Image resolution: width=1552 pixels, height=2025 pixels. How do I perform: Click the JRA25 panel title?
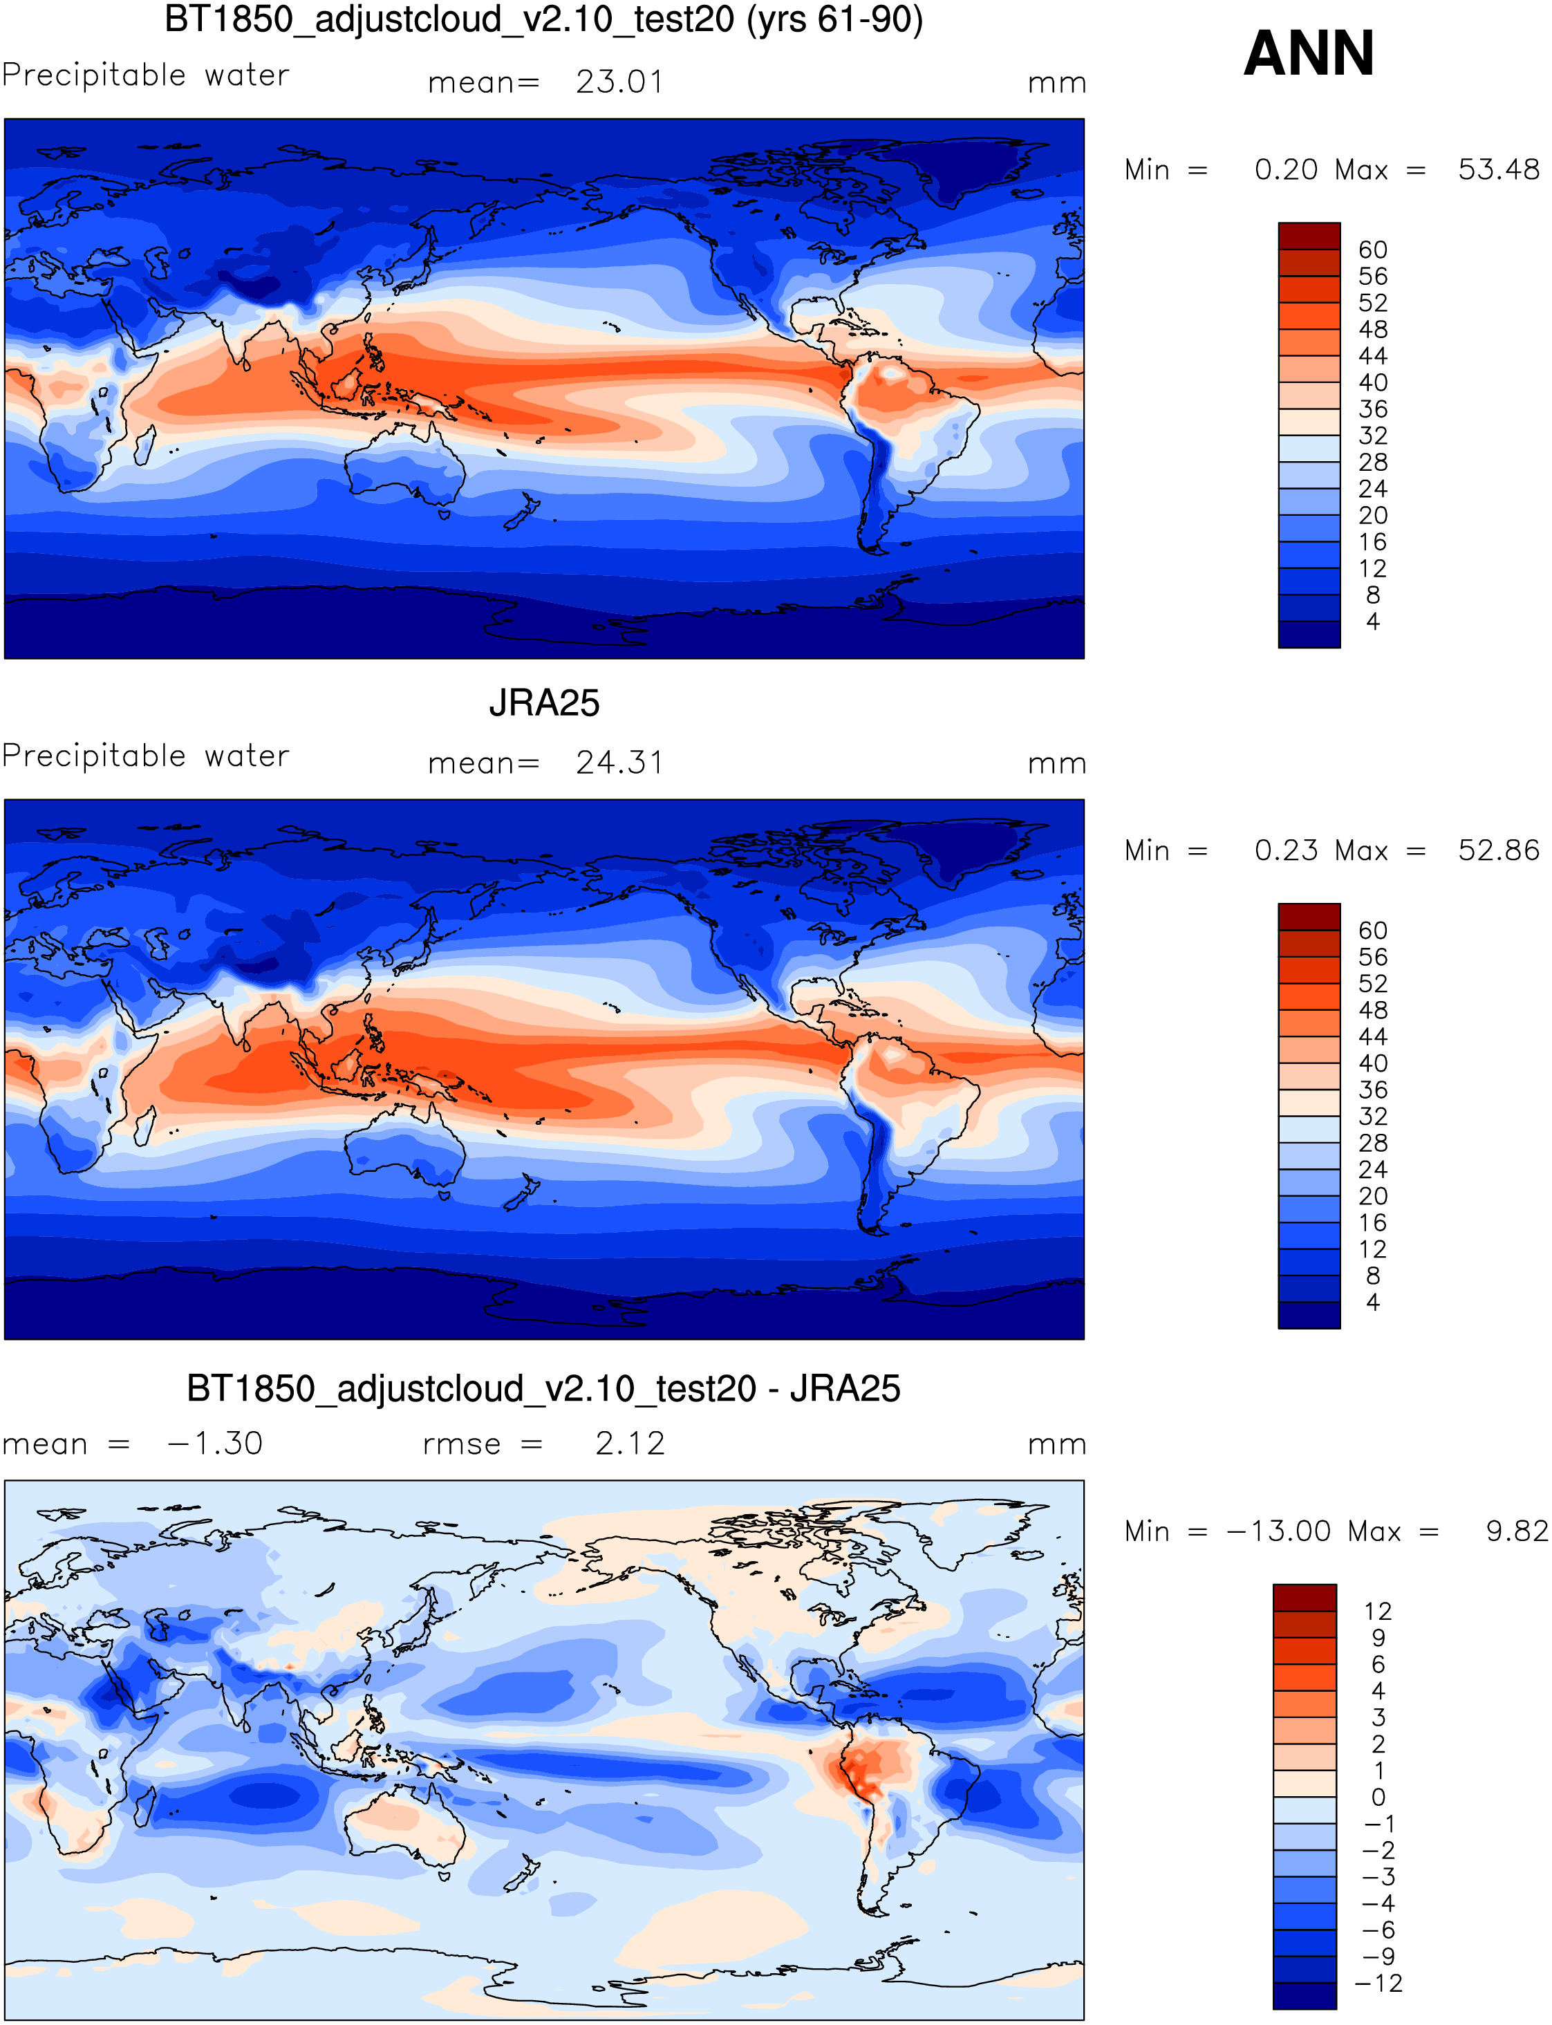tap(544, 703)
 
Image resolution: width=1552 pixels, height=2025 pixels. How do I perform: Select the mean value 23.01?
tap(619, 82)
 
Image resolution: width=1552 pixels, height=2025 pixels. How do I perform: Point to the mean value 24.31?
tap(619, 763)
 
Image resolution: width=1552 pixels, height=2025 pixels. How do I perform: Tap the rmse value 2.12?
tap(629, 1443)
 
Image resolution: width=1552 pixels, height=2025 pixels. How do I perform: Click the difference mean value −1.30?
tap(215, 1443)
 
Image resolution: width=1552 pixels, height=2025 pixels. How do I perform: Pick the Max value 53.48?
tap(1498, 170)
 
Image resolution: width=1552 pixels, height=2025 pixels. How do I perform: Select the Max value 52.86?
tap(1498, 851)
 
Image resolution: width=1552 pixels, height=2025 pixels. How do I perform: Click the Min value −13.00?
tap(1278, 1531)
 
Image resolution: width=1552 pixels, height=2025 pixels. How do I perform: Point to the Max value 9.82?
tap(1516, 1531)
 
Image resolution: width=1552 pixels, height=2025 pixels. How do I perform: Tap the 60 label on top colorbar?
tap(1373, 250)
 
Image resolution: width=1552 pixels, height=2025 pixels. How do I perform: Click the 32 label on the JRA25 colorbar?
tap(1373, 1117)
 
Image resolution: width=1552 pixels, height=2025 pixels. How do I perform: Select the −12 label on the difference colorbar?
tap(1377, 1984)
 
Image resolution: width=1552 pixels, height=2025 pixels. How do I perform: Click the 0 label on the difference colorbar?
tap(1377, 1797)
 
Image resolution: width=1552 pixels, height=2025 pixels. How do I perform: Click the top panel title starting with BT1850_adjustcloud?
tap(543, 19)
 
